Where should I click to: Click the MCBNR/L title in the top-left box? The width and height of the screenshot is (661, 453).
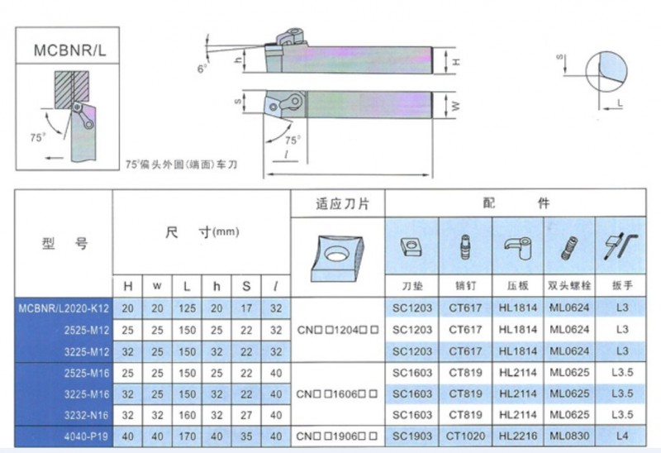click(x=69, y=50)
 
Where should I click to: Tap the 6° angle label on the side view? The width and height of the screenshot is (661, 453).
click(x=202, y=69)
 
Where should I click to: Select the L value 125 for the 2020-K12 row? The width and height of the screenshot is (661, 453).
click(x=187, y=308)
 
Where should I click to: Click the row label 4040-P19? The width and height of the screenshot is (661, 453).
click(x=87, y=436)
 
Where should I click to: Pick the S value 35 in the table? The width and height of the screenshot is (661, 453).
click(x=246, y=436)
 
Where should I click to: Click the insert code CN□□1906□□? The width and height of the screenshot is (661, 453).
click(x=337, y=436)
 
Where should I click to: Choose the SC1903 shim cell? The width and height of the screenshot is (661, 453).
click(x=412, y=436)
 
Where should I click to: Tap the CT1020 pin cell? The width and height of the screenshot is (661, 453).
click(x=465, y=436)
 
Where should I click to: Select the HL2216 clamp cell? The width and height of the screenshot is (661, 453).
click(x=518, y=436)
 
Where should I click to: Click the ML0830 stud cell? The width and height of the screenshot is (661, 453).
click(x=569, y=436)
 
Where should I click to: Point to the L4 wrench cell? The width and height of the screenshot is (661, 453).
click(x=622, y=436)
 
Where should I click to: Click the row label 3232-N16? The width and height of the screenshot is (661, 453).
click(x=87, y=416)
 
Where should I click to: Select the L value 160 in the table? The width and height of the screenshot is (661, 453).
click(x=187, y=416)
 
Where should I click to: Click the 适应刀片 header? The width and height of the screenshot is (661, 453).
click(x=342, y=204)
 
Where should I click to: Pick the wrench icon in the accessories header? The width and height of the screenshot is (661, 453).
click(x=621, y=246)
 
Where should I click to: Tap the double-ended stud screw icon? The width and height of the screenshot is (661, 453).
click(x=569, y=248)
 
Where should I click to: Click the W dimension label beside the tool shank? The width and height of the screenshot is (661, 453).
click(x=455, y=106)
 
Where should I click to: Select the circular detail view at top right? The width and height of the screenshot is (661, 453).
click(x=606, y=72)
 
